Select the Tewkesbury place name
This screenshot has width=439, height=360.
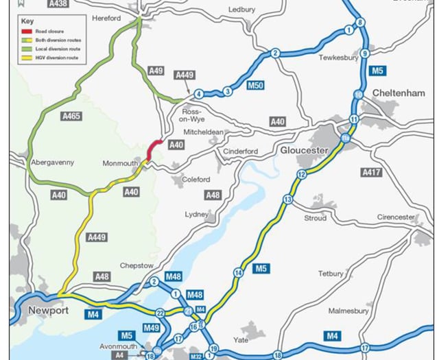(339, 58)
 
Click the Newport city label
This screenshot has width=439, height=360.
(49, 310)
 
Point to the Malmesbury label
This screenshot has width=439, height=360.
(348, 310)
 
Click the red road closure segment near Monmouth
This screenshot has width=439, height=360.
(155, 149)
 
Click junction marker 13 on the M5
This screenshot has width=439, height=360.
(288, 199)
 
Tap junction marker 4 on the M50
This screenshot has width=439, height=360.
(198, 94)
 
